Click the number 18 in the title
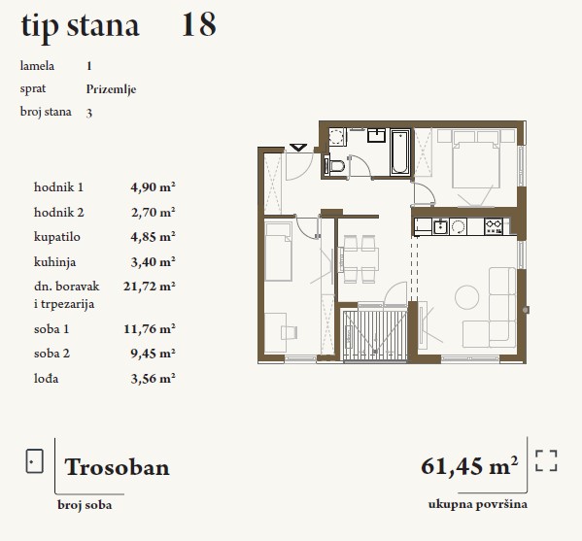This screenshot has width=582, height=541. [199, 24]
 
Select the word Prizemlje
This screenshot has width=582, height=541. [111, 89]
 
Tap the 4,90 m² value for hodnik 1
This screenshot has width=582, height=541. [153, 186]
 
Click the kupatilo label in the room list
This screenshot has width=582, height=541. [56, 237]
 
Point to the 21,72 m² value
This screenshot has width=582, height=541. [150, 287]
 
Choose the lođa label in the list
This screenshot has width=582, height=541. [46, 379]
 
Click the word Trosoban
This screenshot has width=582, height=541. [117, 467]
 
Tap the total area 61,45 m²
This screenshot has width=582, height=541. [469, 465]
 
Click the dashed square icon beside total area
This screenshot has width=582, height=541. [546, 460]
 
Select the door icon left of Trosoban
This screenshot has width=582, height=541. [35, 461]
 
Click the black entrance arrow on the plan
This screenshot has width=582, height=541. [298, 148]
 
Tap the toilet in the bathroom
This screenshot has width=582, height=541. [335, 166]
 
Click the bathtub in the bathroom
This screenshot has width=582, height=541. [400, 152]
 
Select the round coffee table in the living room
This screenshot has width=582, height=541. [466, 297]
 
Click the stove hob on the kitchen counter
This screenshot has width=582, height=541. [494, 226]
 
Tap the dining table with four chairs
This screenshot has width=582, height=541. [359, 259]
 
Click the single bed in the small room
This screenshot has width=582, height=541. [278, 252]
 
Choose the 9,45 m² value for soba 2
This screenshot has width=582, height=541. [153, 354]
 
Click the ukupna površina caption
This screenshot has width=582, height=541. [478, 505]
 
